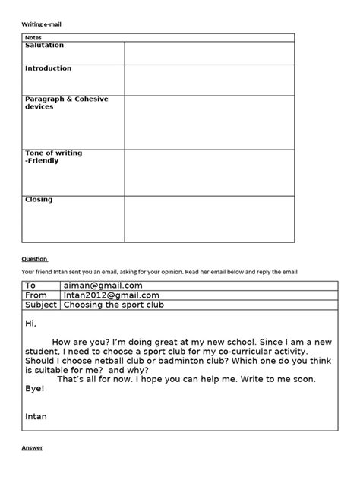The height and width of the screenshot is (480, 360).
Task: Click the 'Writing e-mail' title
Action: (x=41, y=24)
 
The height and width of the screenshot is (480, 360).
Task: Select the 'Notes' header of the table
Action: (x=33, y=37)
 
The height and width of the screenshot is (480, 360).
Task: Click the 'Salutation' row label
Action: (x=44, y=46)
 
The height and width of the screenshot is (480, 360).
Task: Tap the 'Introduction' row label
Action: (x=48, y=68)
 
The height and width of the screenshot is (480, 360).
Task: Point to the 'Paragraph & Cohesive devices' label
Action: (x=66, y=103)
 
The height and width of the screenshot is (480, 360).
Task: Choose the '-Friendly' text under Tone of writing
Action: (x=44, y=161)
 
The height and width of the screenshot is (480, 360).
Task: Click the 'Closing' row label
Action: (x=39, y=200)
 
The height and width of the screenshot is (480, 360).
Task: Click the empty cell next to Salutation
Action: (x=209, y=53)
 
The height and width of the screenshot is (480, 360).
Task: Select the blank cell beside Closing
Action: (x=209, y=219)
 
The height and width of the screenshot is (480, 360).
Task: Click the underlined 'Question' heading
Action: (x=34, y=258)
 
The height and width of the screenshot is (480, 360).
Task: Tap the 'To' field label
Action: (x=31, y=286)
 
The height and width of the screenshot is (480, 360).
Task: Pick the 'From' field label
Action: (x=36, y=295)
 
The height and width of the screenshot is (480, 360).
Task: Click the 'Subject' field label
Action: (x=41, y=305)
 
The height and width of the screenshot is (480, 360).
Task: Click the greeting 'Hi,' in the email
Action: (x=31, y=324)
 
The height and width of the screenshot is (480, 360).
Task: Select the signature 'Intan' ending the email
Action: (x=36, y=416)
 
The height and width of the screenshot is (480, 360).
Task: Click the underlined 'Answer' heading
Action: (x=32, y=448)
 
